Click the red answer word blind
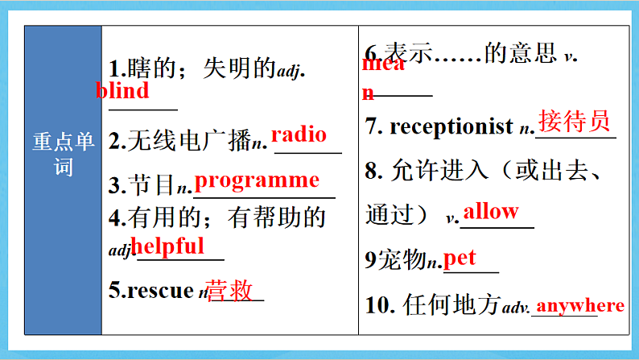point(122,90)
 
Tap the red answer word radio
point(299,134)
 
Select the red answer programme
point(258,180)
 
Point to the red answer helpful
point(167,246)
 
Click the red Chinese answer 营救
point(230,290)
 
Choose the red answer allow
point(491,212)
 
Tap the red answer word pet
point(460,258)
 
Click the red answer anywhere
point(579,305)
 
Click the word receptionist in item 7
point(451,126)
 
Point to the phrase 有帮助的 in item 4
point(276,217)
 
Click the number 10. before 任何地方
point(377,306)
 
